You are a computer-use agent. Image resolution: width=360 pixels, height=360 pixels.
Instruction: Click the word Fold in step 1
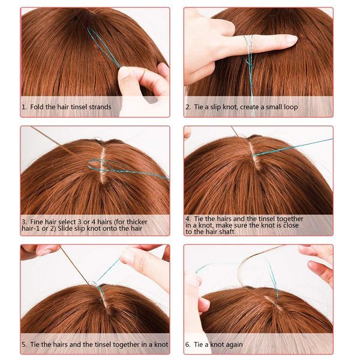[37, 107]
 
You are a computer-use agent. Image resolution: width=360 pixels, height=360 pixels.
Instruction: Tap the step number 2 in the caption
[188, 107]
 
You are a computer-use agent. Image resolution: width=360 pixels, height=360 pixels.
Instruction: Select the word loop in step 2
[287, 107]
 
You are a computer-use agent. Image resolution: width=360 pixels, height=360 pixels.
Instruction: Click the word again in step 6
[242, 345]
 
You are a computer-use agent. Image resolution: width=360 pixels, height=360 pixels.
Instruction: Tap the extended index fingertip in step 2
[290, 40]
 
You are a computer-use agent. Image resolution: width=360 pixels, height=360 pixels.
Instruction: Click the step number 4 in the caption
[188, 219]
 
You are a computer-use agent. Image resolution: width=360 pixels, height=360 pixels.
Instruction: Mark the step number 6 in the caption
[188, 345]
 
